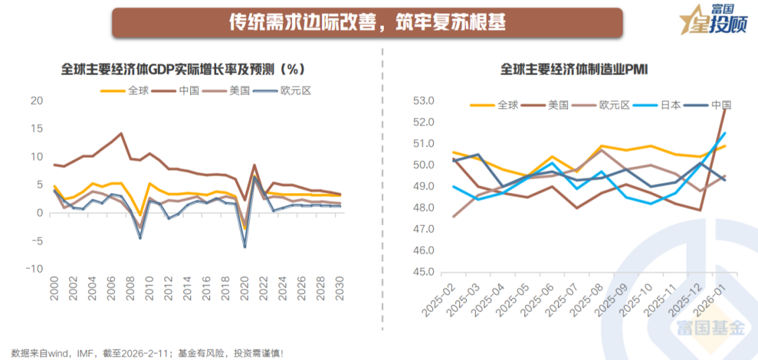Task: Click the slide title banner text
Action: (367, 22)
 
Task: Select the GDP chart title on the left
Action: (182, 69)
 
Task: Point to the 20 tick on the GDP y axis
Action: (37, 100)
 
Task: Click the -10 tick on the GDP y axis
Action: (35, 269)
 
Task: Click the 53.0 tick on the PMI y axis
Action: (423, 100)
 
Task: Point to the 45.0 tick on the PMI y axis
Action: (423, 272)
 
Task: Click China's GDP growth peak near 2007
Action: (121, 133)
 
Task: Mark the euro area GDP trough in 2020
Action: (245, 246)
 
